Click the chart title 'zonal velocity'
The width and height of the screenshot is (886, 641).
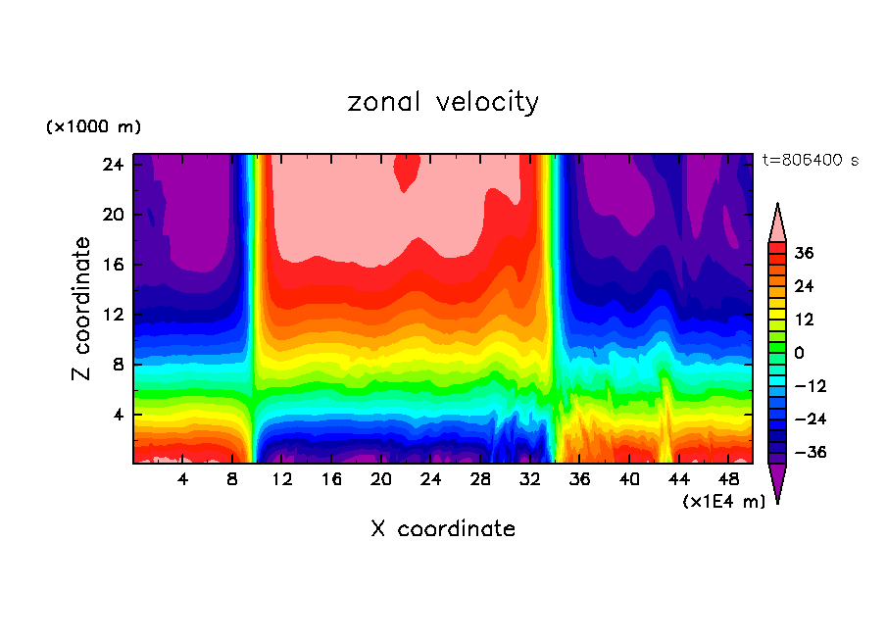pyautogui.click(x=443, y=102)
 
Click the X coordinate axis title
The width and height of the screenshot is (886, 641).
pyautogui.click(x=443, y=529)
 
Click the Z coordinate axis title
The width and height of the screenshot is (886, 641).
pyautogui.click(x=82, y=309)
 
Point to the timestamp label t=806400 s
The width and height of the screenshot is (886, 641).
pyautogui.click(x=810, y=160)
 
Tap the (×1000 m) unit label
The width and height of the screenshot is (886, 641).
pyautogui.click(x=93, y=127)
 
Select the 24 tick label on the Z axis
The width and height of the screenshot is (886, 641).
pyautogui.click(x=111, y=165)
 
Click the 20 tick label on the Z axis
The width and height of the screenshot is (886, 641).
pyautogui.click(x=111, y=215)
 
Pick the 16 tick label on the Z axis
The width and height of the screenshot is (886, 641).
pyautogui.click(x=111, y=265)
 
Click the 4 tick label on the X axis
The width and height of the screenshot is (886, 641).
pyautogui.click(x=182, y=480)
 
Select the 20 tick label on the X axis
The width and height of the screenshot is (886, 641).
pyautogui.click(x=381, y=480)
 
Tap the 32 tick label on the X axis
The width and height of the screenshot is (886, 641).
pyautogui.click(x=530, y=480)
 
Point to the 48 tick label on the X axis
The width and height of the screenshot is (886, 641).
pyautogui.click(x=729, y=480)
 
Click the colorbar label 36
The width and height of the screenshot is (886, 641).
pyautogui.click(x=804, y=253)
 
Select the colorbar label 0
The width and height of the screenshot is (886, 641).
pyautogui.click(x=799, y=353)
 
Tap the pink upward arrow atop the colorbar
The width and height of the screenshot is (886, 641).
pyautogui.click(x=777, y=223)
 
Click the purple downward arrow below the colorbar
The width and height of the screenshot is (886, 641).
pyautogui.click(x=777, y=481)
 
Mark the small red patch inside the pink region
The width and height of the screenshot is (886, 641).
pyautogui.click(x=407, y=172)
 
